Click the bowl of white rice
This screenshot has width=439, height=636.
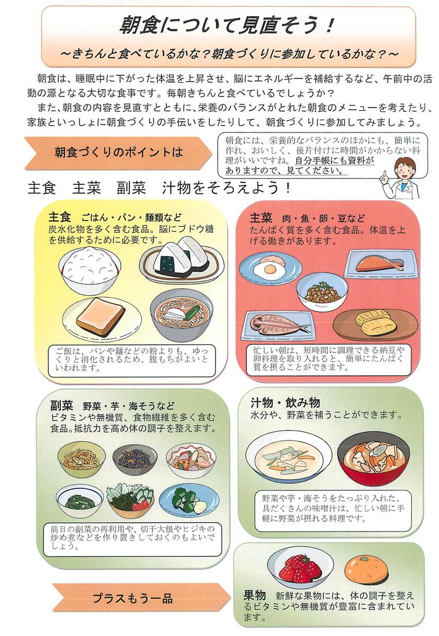[89, 270]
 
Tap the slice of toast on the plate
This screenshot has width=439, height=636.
[100, 317]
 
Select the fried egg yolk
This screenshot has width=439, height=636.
[270, 268]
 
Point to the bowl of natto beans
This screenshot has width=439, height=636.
[322, 292]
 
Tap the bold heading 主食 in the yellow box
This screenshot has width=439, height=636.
[59, 217]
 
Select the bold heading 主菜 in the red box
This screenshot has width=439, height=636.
[261, 218]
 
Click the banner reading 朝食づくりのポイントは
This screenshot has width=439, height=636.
[119, 153]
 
